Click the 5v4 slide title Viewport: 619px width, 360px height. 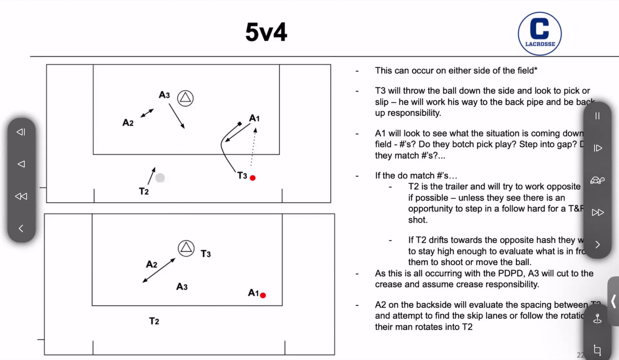tap(266, 32)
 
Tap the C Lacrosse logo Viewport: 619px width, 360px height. tap(540, 34)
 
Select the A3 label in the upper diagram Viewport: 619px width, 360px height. tap(164, 95)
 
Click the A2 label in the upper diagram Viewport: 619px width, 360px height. tap(128, 123)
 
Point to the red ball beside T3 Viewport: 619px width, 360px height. tap(252, 178)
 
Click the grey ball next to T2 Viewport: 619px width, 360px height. tap(160, 177)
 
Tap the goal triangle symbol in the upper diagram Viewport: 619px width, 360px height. tap(185, 98)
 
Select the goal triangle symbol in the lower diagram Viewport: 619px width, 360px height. tap(186, 248)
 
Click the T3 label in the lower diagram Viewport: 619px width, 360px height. tap(206, 254)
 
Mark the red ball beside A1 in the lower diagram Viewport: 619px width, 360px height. tap(263, 295)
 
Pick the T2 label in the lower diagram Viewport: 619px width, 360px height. tap(154, 321)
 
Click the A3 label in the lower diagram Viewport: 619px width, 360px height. tap(182, 287)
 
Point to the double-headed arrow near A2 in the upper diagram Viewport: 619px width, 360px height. tap(147, 113)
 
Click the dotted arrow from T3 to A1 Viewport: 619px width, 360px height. tap(253, 146)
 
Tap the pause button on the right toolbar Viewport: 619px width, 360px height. tap(597, 116)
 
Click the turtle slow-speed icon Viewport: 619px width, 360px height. tap(597, 180)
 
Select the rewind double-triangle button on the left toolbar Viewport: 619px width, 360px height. tap(21, 196)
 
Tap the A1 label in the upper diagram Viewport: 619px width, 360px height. tap(255, 118)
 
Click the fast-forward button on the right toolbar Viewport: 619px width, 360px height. tap(597, 212)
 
